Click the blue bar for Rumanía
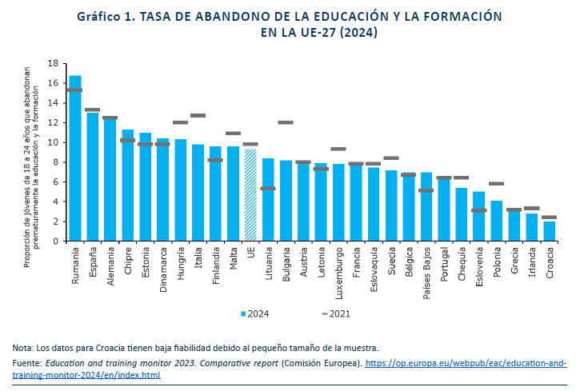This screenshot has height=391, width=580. click(75, 160)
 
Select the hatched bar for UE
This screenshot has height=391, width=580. click(250, 196)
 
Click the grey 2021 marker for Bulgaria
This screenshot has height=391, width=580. click(286, 122)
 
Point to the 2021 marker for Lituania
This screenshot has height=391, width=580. click(268, 189)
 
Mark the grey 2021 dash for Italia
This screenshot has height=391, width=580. click(198, 116)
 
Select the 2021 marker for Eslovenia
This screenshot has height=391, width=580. click(478, 210)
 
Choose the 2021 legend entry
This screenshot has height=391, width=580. click(336, 313)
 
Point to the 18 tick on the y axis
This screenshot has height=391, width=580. click(54, 63)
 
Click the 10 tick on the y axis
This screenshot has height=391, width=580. click(54, 142)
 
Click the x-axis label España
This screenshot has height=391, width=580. click(93, 260)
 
